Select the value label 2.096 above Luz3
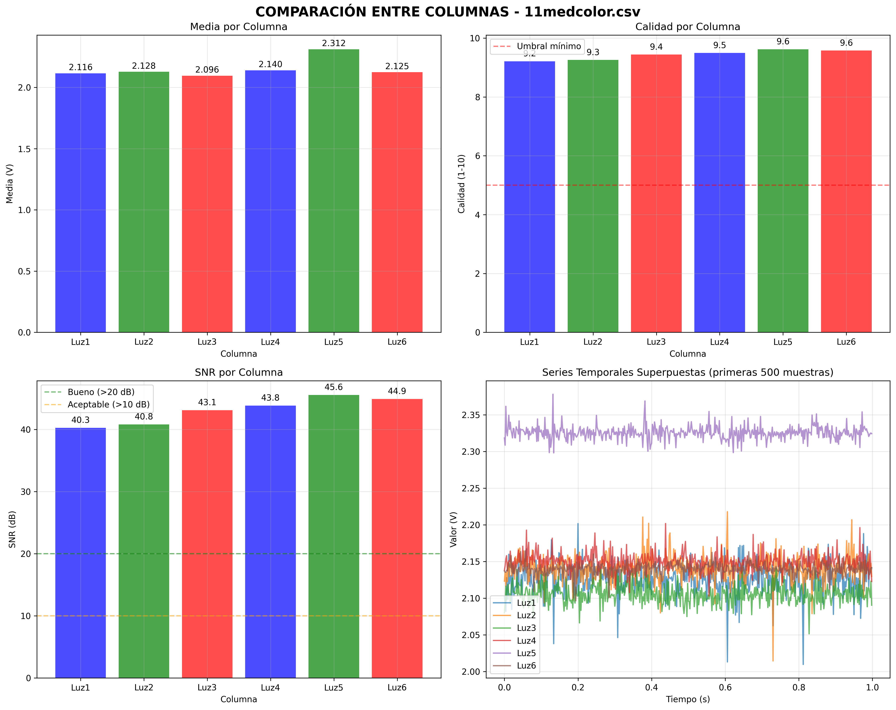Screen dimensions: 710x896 207,70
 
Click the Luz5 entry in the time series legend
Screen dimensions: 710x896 526,653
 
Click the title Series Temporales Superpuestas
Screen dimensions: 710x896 687,372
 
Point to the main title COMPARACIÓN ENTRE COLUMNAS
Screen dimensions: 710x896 448,12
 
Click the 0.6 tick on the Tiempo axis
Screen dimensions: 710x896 725,688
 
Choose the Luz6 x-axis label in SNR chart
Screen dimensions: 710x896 397,688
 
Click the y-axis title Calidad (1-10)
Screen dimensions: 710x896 461,184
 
